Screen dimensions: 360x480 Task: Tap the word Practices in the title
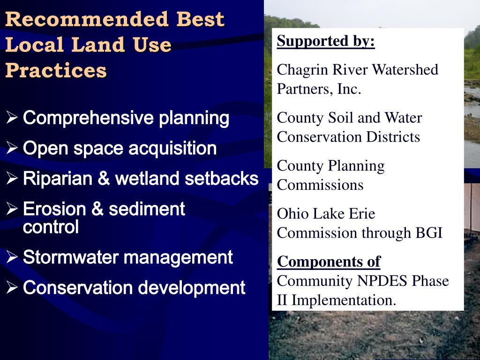point(56,70)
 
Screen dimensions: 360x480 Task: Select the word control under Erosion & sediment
point(51,227)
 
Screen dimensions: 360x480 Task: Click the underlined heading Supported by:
point(326,41)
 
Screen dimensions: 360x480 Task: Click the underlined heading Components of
point(329,262)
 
